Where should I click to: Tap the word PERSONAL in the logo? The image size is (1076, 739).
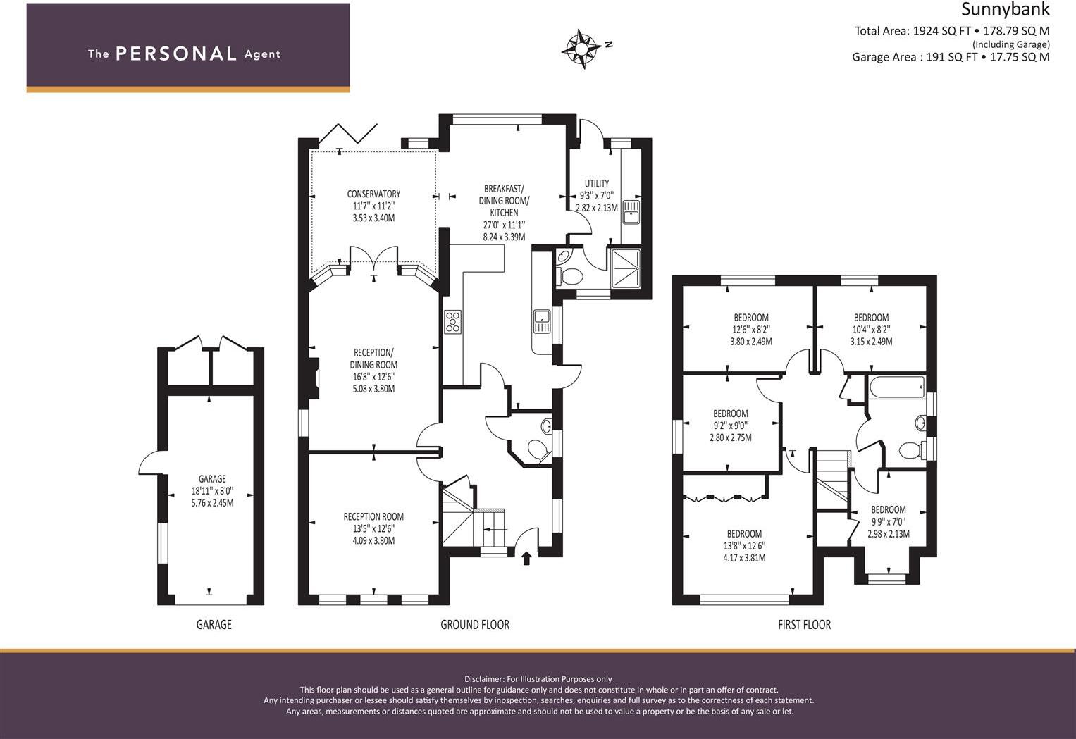coord(175,54)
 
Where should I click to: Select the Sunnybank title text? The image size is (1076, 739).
coord(1006,10)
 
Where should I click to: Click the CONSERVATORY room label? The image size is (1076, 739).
coord(373,194)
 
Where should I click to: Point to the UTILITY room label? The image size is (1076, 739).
coord(596,184)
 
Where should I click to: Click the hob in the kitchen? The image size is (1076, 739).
coord(452,322)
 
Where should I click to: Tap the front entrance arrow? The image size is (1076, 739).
coord(526,559)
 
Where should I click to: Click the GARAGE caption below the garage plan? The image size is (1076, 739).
coord(214,625)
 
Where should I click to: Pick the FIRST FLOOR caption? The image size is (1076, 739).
coord(804,625)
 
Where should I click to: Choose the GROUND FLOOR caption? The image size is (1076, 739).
coord(474,625)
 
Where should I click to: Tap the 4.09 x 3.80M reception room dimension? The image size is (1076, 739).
coord(373,541)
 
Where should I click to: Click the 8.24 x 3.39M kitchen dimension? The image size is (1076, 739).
coord(504,237)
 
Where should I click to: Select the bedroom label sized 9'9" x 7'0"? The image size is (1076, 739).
coord(888,510)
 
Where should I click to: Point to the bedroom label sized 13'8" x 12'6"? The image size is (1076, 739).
coord(744,534)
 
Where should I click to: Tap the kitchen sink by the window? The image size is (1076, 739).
coord(542,321)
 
